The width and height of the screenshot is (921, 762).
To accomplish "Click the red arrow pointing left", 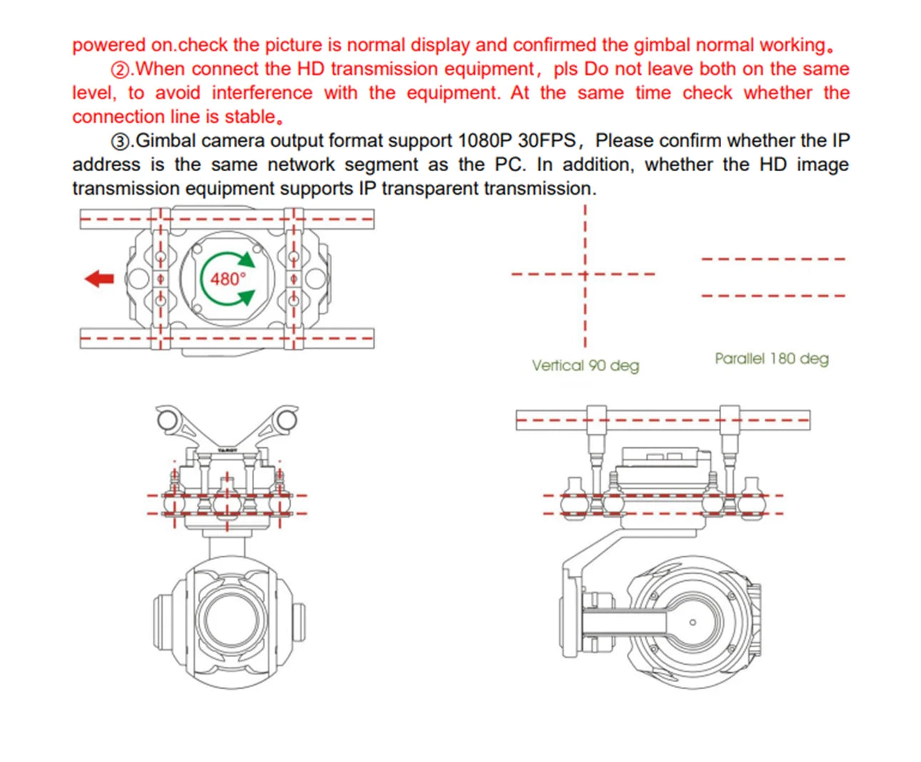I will [99, 279].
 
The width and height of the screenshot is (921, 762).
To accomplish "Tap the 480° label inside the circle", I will [227, 279].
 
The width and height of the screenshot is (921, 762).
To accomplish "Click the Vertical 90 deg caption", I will [585, 365].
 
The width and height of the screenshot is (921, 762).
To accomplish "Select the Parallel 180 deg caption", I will [772, 358].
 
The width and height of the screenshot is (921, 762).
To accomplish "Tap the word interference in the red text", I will [261, 93].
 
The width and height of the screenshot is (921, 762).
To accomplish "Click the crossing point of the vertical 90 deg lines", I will [585, 274].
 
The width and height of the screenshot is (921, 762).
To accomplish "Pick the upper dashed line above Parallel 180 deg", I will [773, 259].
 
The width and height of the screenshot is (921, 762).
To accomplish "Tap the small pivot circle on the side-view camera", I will [692, 622].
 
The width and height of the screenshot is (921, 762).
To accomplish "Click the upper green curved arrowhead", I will [247, 259].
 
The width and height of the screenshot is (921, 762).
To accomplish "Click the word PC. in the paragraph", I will [510, 165].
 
